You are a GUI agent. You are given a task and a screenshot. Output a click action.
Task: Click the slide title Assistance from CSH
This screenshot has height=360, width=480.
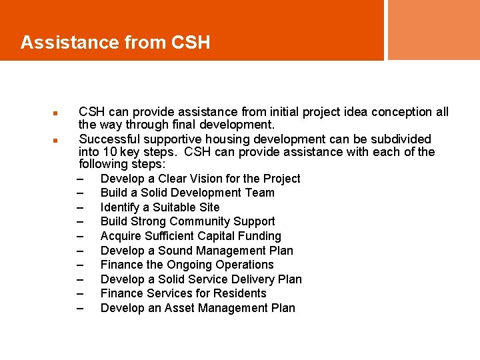pos(115,43)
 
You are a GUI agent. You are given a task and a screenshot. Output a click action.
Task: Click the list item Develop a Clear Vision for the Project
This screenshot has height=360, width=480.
pos(200,179)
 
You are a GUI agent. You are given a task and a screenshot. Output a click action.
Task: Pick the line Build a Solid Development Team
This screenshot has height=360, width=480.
pos(187,193)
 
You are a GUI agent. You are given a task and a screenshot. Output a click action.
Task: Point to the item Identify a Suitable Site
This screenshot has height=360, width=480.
pos(160,207)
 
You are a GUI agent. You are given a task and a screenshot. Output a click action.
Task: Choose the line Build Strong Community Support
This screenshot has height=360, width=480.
pos(187,221)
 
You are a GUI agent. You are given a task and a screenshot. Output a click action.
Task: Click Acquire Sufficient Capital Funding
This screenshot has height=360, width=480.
pos(191,236)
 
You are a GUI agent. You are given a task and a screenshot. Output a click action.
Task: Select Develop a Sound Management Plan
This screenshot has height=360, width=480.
pos(197,251)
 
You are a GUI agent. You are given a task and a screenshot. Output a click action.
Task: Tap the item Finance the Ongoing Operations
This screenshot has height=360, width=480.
pos(187,265)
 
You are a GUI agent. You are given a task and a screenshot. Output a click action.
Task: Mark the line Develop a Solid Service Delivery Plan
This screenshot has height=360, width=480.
pos(201,279)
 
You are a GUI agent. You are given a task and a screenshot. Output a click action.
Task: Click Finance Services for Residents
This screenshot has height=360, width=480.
pos(183,293)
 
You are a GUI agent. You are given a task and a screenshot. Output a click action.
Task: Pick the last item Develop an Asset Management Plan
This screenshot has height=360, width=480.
pos(197,308)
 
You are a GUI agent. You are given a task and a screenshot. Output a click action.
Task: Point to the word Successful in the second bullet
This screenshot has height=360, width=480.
pos(107,139)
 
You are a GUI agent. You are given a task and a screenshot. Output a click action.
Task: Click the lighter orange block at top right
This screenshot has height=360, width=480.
pos(433,29)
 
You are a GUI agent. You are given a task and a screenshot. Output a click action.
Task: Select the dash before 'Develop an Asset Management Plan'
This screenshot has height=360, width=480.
pos(81,309)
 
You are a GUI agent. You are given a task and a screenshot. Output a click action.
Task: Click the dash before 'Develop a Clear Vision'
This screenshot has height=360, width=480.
pos(81,179)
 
